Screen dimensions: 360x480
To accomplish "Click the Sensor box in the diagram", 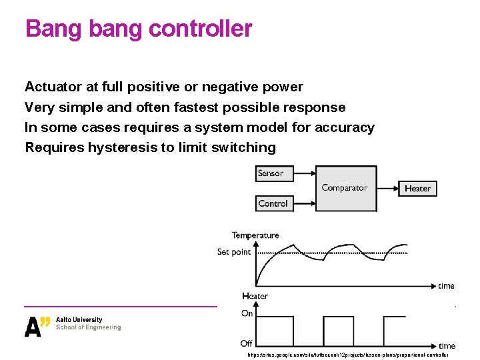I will [x=271, y=173].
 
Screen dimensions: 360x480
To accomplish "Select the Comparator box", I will [x=344, y=188].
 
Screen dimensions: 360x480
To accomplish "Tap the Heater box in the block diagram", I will [x=417, y=189].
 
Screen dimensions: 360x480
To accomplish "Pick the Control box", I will [x=273, y=203].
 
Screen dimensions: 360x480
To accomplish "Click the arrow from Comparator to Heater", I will [x=388, y=189].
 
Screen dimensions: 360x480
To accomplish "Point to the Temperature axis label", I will [x=255, y=235].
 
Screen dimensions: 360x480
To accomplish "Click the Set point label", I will [x=234, y=252].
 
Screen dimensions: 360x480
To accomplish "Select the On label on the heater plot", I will [x=247, y=313].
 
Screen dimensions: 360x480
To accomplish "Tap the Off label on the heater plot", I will [x=247, y=343].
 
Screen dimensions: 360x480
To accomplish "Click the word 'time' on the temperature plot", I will [x=446, y=286].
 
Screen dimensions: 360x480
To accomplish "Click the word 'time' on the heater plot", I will [x=447, y=345].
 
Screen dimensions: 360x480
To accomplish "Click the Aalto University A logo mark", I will [x=37, y=326].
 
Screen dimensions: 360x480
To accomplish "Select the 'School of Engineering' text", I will [x=88, y=327].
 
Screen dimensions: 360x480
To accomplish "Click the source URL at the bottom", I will [x=347, y=355].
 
